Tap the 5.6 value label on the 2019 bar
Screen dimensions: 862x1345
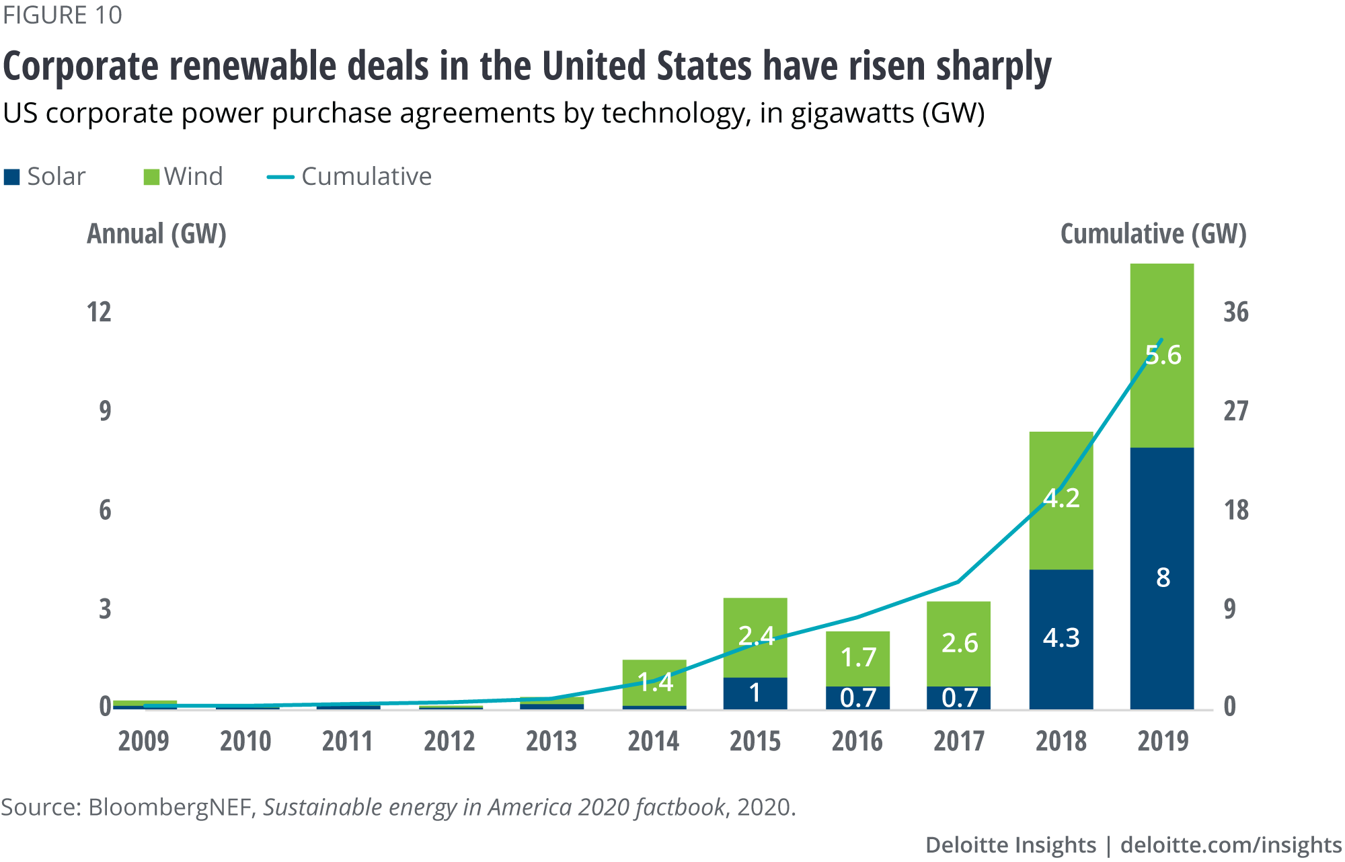click(1163, 354)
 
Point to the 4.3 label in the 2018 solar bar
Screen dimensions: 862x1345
click(1061, 637)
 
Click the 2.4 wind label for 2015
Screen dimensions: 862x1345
click(756, 635)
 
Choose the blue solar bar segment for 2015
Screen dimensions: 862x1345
click(755, 693)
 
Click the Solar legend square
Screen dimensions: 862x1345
click(11, 177)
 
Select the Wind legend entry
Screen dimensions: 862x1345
click(183, 176)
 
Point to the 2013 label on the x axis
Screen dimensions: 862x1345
click(551, 741)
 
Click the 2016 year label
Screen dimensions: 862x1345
click(857, 741)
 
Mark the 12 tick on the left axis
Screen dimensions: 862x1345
click(99, 312)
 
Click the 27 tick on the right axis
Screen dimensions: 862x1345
click(1235, 411)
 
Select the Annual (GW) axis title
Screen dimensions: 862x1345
click(156, 233)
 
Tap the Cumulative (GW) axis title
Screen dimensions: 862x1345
click(1153, 233)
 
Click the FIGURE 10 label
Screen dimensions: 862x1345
click(63, 15)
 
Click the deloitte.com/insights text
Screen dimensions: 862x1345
click(1231, 845)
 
